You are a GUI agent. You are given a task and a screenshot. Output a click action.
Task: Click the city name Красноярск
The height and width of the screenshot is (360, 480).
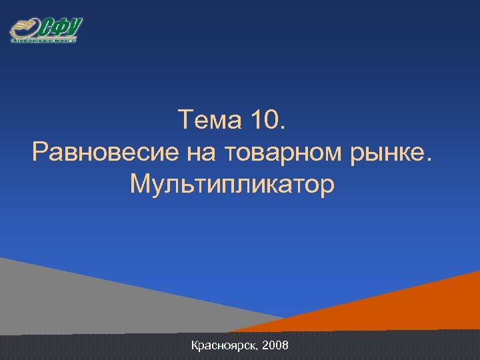[x=225, y=346]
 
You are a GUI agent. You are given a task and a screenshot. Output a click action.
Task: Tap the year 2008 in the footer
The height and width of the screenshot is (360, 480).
[x=275, y=346]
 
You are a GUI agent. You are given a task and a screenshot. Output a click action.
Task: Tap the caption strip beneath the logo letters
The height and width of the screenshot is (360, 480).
[x=44, y=41]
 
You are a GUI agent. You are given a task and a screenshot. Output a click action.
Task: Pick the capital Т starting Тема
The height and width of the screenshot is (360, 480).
[x=186, y=122]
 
